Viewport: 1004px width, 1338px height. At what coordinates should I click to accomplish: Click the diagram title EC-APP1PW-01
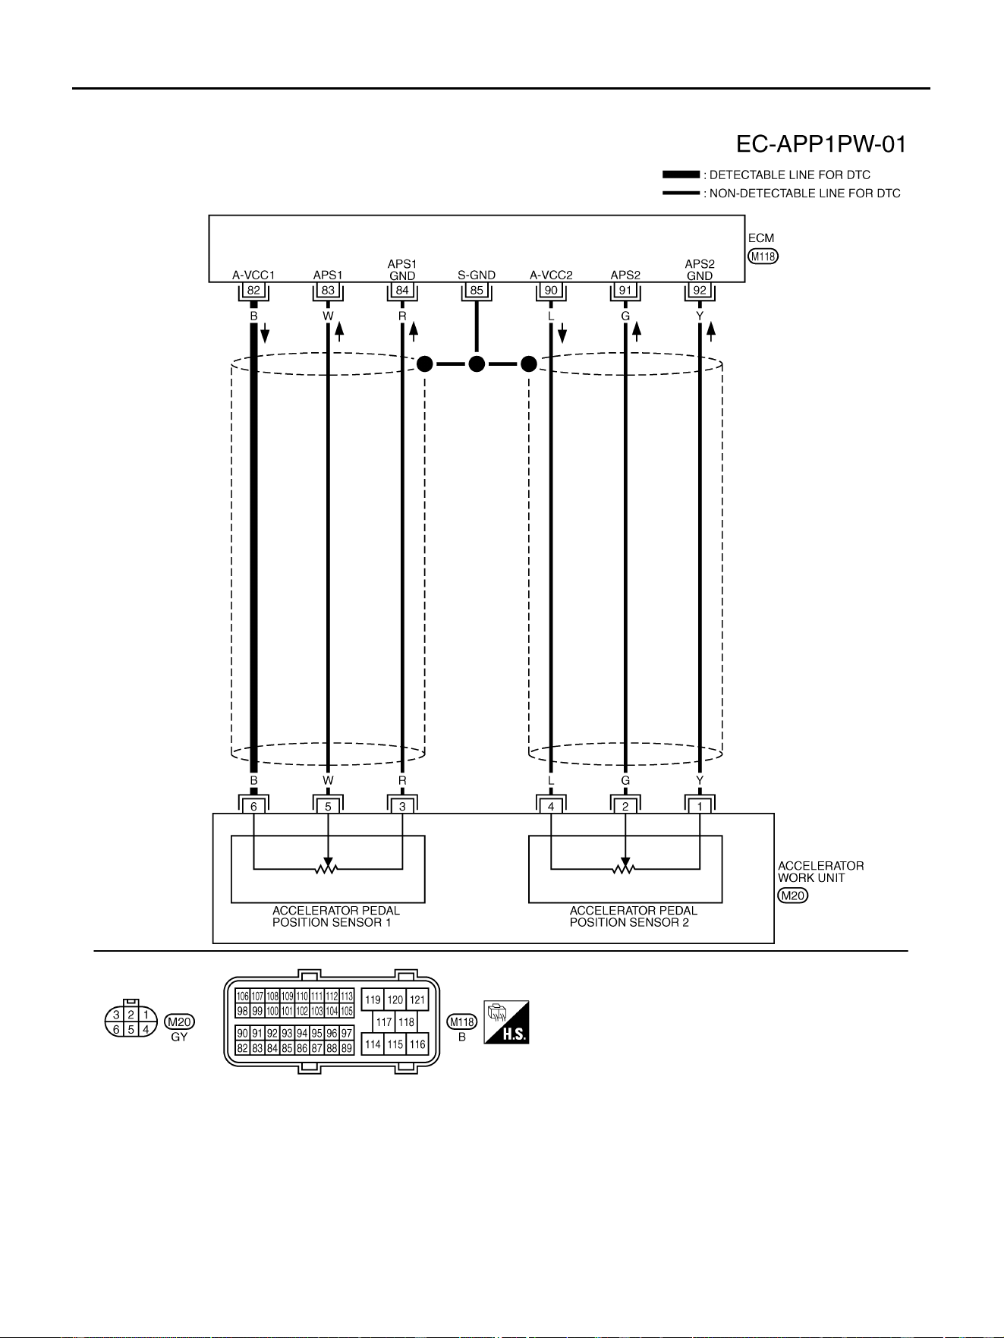(x=821, y=144)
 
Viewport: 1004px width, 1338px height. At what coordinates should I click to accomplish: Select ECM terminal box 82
(x=253, y=290)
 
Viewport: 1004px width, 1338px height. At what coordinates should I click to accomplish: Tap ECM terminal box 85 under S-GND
(x=477, y=290)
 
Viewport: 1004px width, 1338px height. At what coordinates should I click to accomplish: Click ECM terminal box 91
(x=625, y=290)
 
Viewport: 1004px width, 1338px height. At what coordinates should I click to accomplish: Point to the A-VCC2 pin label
(x=551, y=275)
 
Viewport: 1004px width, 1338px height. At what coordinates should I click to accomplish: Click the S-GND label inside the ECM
(x=477, y=275)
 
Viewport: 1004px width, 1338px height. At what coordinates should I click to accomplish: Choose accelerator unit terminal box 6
(x=253, y=807)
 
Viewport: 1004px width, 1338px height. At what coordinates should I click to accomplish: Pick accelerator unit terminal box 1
(x=700, y=807)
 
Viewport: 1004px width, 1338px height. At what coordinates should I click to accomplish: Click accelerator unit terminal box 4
(x=551, y=807)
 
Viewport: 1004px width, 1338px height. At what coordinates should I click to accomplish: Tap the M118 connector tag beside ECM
(x=763, y=257)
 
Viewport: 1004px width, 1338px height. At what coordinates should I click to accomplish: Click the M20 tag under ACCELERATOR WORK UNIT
(x=793, y=896)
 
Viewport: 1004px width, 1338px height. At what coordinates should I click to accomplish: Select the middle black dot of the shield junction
(x=477, y=364)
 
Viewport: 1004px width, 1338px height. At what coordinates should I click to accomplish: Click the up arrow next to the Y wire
(x=711, y=332)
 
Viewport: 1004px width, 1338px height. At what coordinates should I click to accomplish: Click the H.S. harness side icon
(x=506, y=1022)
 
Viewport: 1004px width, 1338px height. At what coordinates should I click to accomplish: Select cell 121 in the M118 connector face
(x=417, y=1000)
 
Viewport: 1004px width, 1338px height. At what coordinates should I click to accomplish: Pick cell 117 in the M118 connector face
(x=384, y=1022)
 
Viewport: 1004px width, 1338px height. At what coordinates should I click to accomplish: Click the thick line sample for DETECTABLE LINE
(x=681, y=175)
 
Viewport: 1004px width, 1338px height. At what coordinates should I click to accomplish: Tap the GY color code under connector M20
(x=179, y=1037)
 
